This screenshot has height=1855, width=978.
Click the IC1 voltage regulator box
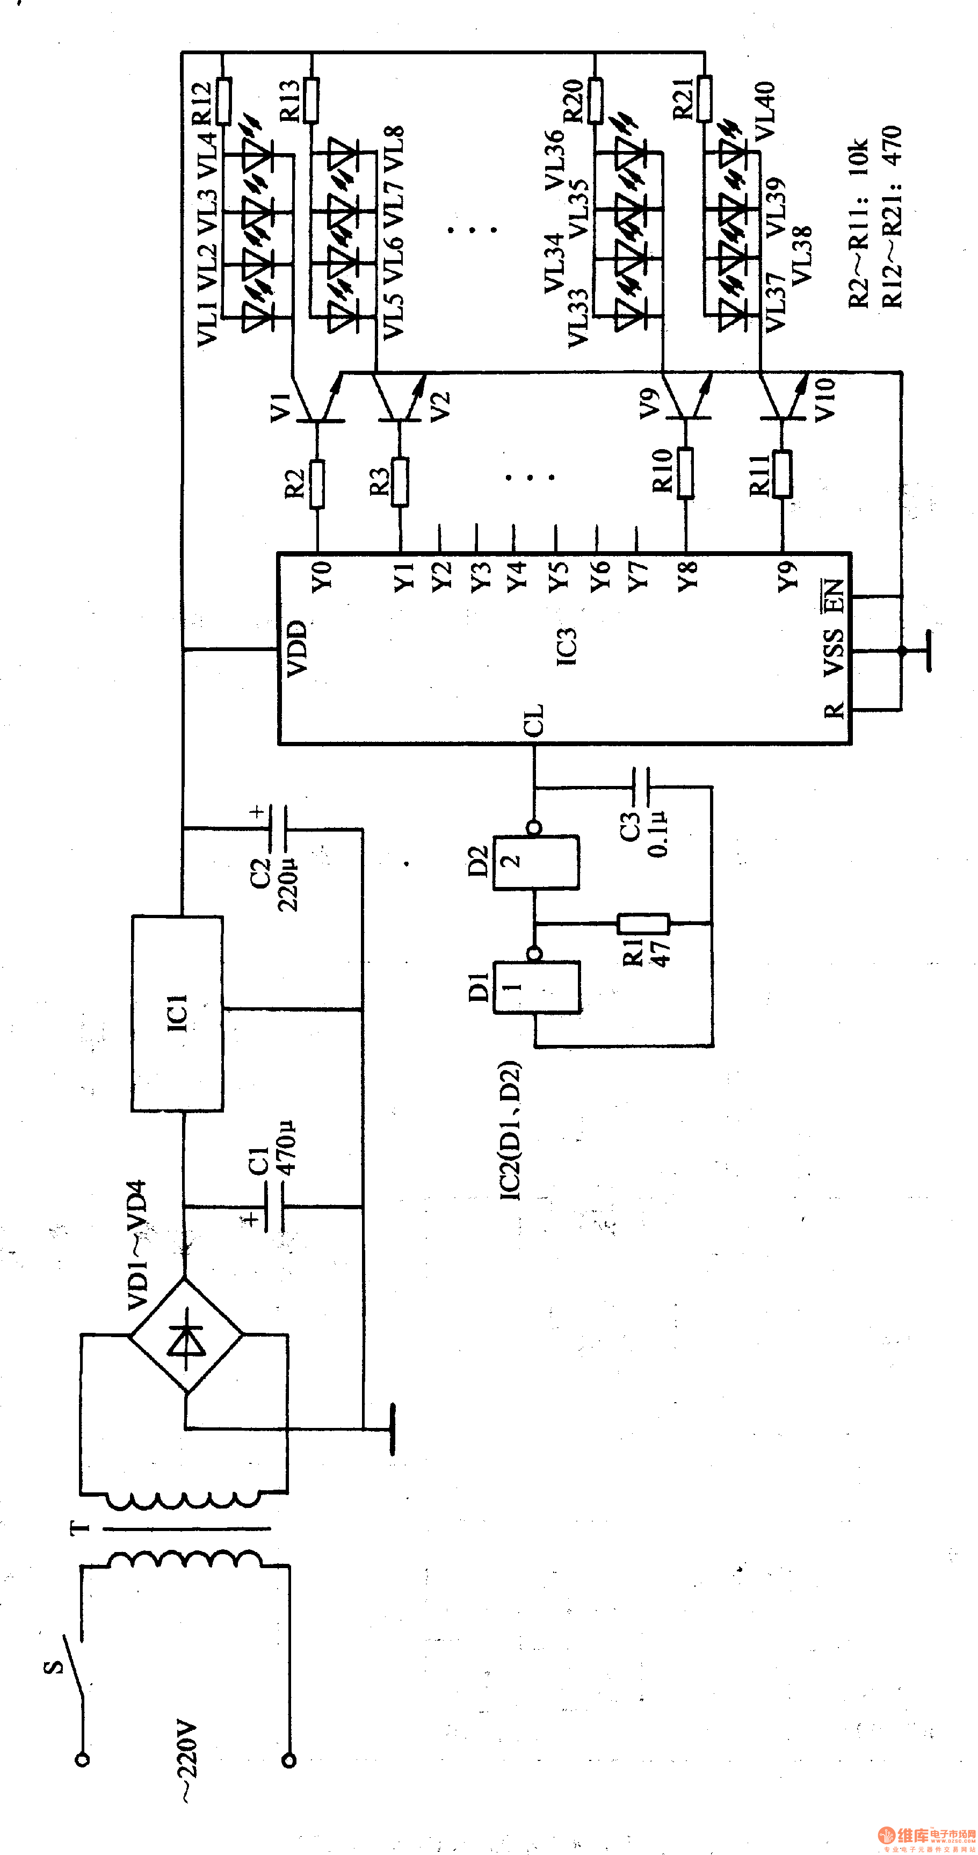pos(177,1014)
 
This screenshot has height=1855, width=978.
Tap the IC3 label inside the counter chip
pos(567,646)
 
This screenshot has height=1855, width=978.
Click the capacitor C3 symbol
pos(641,787)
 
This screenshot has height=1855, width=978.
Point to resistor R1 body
pos(643,923)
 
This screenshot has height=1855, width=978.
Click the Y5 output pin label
pos(558,576)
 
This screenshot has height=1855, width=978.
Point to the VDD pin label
pos(298,648)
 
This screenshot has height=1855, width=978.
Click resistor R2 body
pos(317,484)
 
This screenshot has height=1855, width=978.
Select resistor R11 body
pos(781,474)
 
